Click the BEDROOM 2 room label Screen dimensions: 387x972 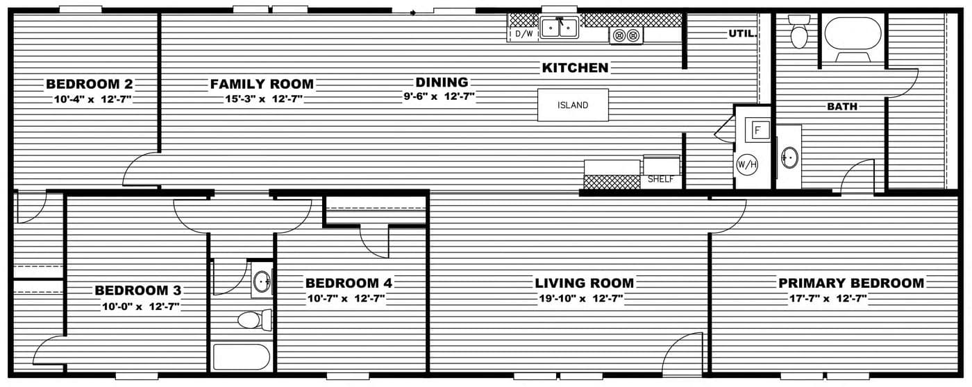coord(89,84)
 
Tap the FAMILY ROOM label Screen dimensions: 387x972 coord(262,84)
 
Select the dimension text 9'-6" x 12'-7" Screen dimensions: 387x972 coord(439,97)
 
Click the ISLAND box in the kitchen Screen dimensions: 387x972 coord(573,105)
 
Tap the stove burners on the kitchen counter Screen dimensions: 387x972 coord(626,35)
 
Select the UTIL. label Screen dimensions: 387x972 coord(741,33)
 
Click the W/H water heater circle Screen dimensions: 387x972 coord(746,165)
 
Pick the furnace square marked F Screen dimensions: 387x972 coord(757,129)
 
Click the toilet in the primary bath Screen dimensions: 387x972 coord(799,33)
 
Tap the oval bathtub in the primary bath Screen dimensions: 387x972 coord(853,33)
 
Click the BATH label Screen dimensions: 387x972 coord(841,107)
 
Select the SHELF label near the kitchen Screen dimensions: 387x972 coord(660,179)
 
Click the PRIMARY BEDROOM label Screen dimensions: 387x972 coord(850,283)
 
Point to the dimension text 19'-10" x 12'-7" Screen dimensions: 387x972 coord(584,299)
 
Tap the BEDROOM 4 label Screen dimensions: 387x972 coord(349,283)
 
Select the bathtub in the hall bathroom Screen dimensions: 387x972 coord(241,357)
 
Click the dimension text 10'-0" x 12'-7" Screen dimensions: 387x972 coord(141,306)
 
